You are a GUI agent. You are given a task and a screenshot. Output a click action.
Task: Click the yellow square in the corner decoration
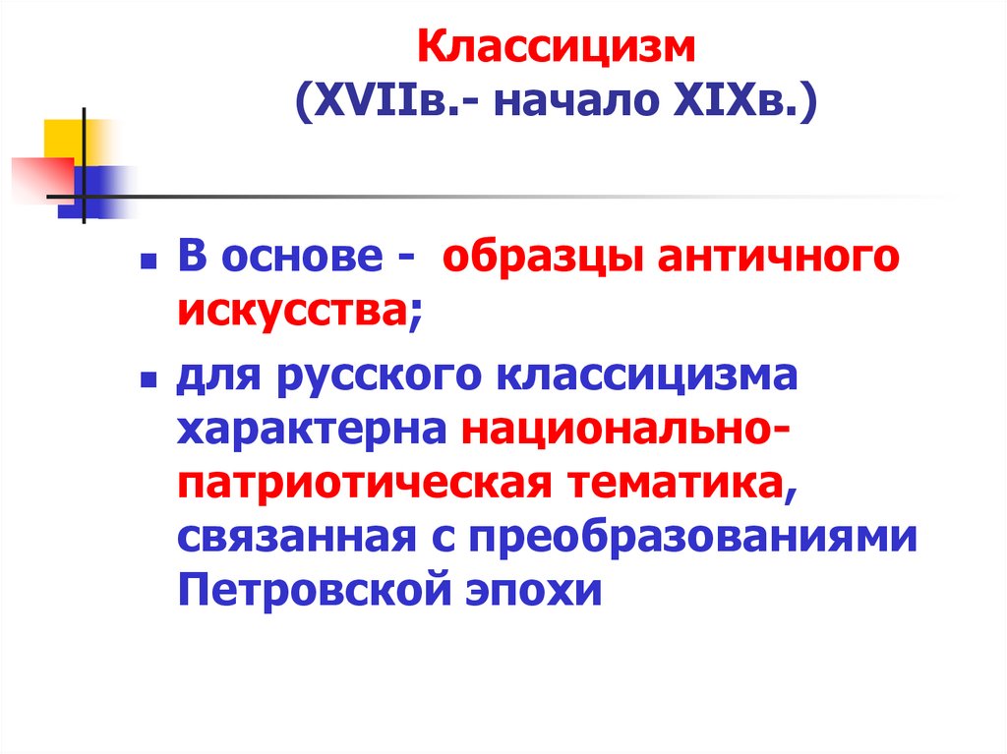[x=62, y=138]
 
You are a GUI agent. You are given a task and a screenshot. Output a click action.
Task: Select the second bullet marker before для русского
[x=148, y=378]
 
